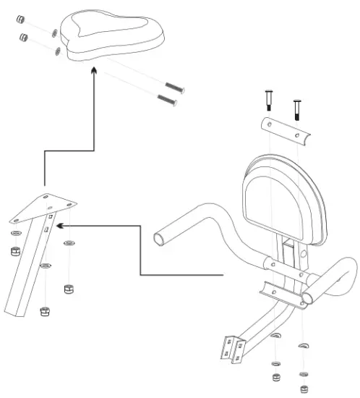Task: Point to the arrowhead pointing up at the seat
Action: (x=94, y=70)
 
